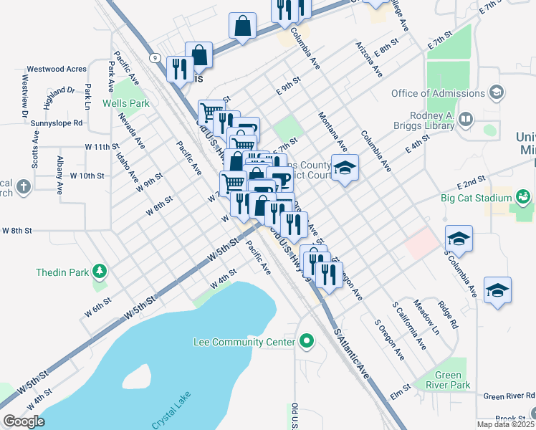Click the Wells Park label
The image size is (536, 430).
pyautogui.click(x=125, y=103)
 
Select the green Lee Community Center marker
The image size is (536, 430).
pyautogui.click(x=307, y=341)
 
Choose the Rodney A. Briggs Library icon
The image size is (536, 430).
pyautogui.click(x=465, y=119)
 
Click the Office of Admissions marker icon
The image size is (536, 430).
pyautogui.click(x=495, y=93)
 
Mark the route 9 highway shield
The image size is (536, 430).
pyautogui.click(x=154, y=57)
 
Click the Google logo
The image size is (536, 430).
pyautogui.click(x=24, y=421)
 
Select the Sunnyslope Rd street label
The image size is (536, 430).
pyautogui.click(x=57, y=123)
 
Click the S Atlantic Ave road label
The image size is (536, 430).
pyautogui.click(x=351, y=354)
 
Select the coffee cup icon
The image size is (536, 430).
pyautogui.click(x=279, y=178)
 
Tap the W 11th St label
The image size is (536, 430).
pyautogui.click(x=100, y=146)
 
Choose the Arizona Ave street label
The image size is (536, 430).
pyautogui.click(x=369, y=59)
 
